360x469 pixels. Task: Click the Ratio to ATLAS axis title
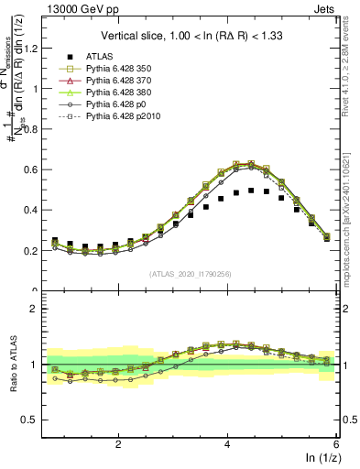pos(13,365)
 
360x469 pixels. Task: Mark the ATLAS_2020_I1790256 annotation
pos(191,274)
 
